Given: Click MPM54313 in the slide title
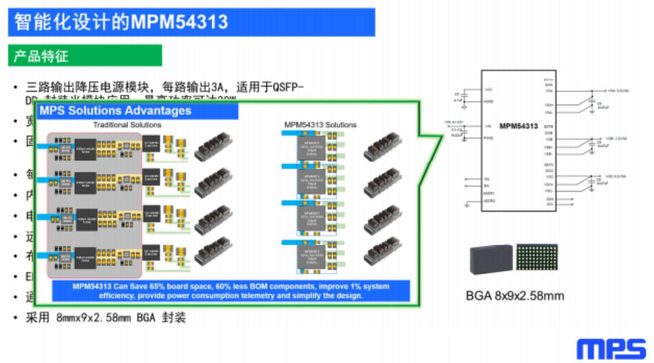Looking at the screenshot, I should click(179, 22).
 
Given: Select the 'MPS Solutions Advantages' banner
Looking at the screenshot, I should click(115, 110).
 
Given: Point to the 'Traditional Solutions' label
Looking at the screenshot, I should click(127, 125).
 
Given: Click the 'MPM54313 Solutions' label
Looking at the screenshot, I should click(321, 125).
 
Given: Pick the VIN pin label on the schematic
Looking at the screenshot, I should click(488, 127).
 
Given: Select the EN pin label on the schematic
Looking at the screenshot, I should click(486, 186).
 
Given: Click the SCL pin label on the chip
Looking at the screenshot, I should click(550, 204).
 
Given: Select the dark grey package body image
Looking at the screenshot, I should click(491, 259).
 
